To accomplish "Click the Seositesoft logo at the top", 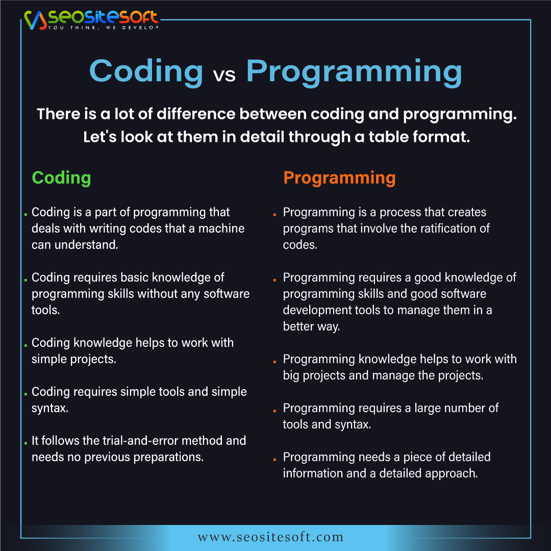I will click(x=92, y=18).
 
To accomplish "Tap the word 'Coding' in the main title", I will click(x=146, y=71).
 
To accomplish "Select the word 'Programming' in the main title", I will click(x=354, y=72).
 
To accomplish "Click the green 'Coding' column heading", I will click(x=61, y=178).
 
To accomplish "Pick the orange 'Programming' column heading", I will click(x=339, y=178).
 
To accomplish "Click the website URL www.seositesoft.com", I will click(x=270, y=537).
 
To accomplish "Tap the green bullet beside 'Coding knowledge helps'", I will click(x=26, y=345).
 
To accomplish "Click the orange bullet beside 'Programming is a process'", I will click(x=274, y=215).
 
